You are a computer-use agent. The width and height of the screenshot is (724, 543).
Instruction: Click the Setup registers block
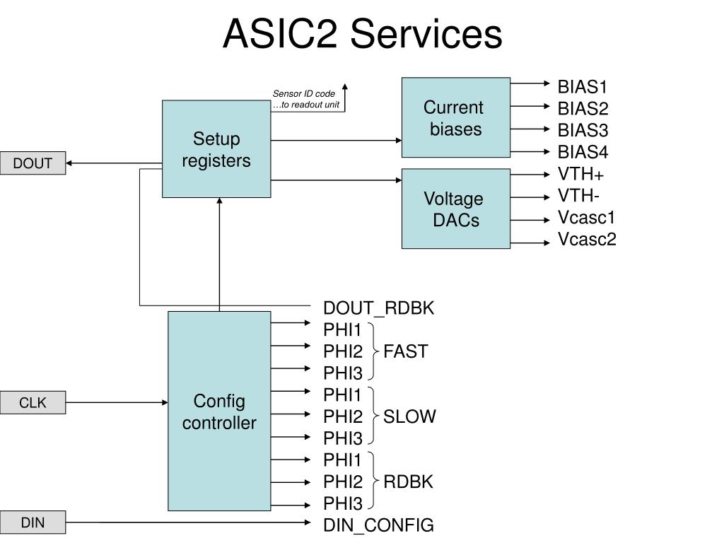click(216, 148)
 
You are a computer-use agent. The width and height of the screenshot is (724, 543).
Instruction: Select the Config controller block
click(219, 411)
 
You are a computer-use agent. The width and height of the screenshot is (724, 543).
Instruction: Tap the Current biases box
click(456, 117)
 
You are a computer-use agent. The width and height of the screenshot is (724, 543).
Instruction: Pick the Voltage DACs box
click(456, 209)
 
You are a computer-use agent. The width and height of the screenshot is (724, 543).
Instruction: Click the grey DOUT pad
click(33, 163)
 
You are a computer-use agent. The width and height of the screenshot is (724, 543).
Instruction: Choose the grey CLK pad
click(33, 402)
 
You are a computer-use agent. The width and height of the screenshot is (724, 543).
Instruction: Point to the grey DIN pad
click(33, 522)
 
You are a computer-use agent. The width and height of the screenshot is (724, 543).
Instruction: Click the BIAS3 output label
click(583, 130)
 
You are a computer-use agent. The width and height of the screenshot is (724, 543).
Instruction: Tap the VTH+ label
click(580, 174)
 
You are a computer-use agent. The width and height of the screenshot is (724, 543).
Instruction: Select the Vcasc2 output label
click(587, 239)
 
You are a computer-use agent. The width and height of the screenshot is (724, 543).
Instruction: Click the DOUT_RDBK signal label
click(379, 308)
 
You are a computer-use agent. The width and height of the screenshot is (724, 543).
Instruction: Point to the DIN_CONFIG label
click(379, 525)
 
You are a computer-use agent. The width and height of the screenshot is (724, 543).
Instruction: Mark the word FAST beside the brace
click(405, 351)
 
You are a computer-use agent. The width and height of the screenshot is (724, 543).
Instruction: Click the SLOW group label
click(409, 416)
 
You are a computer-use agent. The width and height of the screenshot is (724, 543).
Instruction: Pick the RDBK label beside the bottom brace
click(408, 481)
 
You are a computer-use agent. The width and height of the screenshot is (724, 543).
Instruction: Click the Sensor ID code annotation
click(305, 99)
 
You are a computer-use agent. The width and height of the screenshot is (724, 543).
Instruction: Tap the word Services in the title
click(426, 34)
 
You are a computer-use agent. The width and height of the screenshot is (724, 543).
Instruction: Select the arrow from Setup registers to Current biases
click(336, 141)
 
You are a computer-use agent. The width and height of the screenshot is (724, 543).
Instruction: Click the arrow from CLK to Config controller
click(117, 402)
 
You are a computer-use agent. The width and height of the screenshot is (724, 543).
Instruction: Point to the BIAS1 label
click(583, 87)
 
